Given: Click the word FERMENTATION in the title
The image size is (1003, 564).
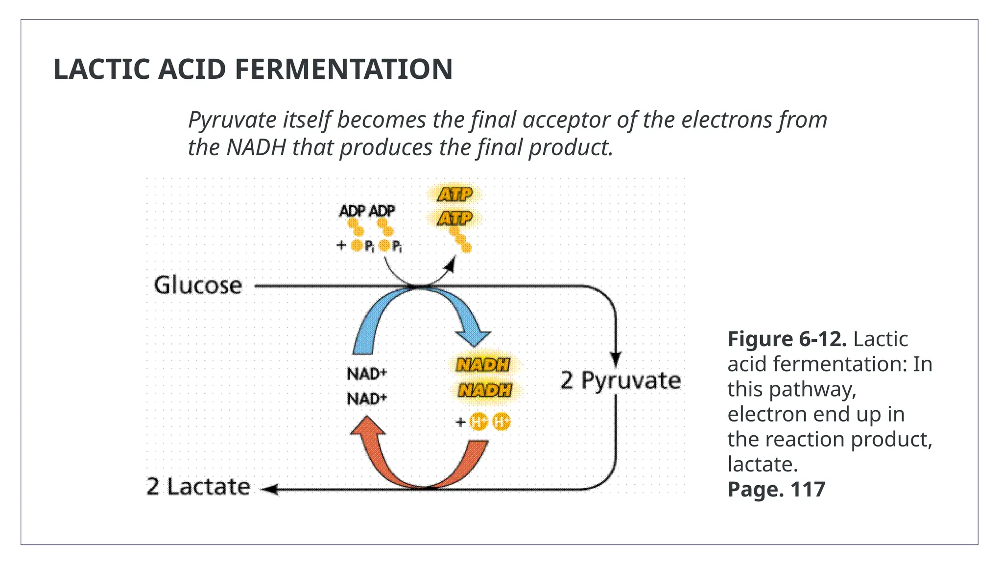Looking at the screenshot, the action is click(x=343, y=69).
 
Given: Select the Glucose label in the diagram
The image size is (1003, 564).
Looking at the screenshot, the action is click(x=198, y=285).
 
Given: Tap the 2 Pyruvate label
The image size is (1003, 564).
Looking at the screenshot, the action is click(x=621, y=380).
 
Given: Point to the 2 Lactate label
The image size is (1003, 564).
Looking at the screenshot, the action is click(x=198, y=487).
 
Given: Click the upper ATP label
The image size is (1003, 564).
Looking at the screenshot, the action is click(x=455, y=194).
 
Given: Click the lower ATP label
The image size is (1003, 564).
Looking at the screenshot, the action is click(x=455, y=218).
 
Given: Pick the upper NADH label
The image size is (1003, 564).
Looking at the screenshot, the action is click(x=483, y=365).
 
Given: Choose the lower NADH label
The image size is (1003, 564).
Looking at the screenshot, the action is click(x=485, y=390).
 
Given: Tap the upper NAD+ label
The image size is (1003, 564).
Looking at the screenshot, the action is click(x=367, y=374).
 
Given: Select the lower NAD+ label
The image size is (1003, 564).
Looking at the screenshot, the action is click(x=367, y=399).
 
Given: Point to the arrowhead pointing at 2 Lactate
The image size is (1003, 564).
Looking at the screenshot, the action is click(x=271, y=489).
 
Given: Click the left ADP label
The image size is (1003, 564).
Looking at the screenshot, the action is click(x=352, y=211).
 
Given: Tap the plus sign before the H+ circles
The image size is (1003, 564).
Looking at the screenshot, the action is click(x=460, y=422).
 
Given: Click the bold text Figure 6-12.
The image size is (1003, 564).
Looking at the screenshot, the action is click(x=787, y=339).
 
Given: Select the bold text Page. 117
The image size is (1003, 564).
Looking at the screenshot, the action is click(x=776, y=490).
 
